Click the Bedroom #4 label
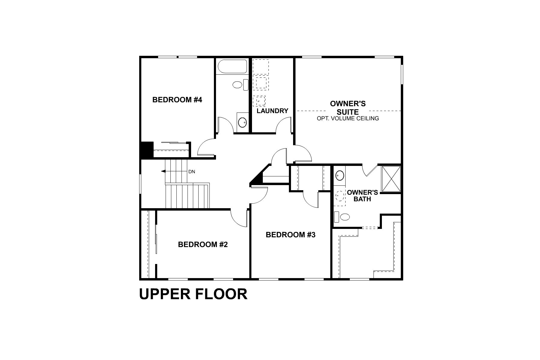(x=177, y=100)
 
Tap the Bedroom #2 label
(x=203, y=244)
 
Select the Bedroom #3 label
(x=290, y=235)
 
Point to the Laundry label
(x=272, y=111)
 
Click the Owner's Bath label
(x=362, y=196)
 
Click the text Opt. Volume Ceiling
(x=348, y=118)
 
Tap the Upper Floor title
(x=193, y=294)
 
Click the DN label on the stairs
(x=192, y=172)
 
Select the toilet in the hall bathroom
(x=240, y=85)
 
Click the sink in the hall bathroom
(x=242, y=122)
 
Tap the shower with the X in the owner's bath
(x=391, y=179)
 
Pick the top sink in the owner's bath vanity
(x=340, y=175)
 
